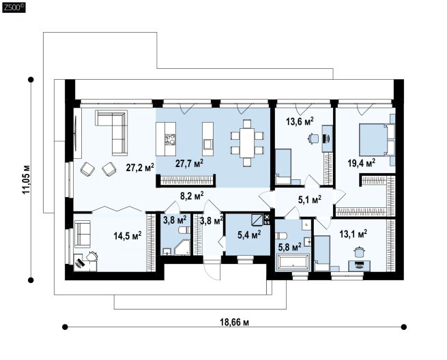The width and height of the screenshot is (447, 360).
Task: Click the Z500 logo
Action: pyautogui.click(x=14, y=7)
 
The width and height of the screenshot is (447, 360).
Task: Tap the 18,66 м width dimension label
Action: pyautogui.click(x=234, y=322)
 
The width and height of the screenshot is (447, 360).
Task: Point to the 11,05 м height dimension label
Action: pyautogui.click(x=26, y=180)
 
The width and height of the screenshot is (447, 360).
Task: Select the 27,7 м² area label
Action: pyautogui.click(x=189, y=164)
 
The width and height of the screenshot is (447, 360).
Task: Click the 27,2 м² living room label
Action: pyautogui.click(x=140, y=167)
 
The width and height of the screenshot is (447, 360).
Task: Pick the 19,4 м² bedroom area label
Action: pyautogui.click(x=361, y=163)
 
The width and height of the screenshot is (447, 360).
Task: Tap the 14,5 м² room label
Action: pyautogui.click(x=128, y=235)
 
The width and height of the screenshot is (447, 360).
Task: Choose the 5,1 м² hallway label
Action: pyautogui.click(x=310, y=199)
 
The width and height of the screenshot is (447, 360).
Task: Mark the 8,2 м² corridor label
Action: pyautogui.click(x=192, y=196)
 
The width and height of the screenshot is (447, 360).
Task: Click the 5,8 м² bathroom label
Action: pyautogui.click(x=289, y=247)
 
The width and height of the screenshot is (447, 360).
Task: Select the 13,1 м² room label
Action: pyautogui.click(x=354, y=234)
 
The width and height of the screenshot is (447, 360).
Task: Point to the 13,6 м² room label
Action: pyautogui.click(x=300, y=121)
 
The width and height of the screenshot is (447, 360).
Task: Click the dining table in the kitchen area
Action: pyautogui.click(x=247, y=143)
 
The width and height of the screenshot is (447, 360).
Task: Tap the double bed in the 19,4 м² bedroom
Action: pyautogui.click(x=373, y=140)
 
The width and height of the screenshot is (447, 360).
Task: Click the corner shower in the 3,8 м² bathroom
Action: pyautogui.click(x=182, y=247)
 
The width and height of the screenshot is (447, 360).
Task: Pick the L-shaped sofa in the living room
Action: pyautogui.click(x=115, y=128)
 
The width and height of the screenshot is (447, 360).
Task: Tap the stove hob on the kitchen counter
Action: pyautogui.click(x=171, y=140)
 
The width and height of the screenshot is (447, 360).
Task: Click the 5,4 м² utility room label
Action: pyautogui.click(x=249, y=235)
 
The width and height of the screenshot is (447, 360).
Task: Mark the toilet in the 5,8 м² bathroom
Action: pyautogui.click(x=281, y=236)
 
